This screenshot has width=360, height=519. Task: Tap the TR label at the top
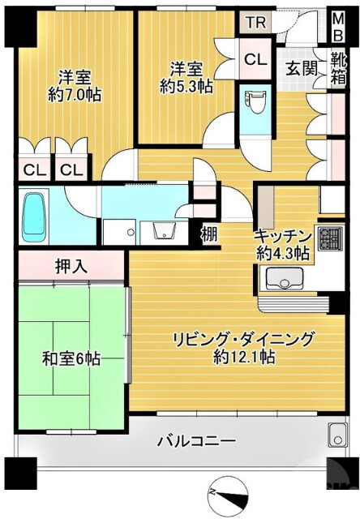[255, 22]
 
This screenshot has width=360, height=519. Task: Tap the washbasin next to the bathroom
[165, 230]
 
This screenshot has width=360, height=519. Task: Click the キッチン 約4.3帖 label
[282, 243]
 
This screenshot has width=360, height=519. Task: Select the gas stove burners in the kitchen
[330, 238]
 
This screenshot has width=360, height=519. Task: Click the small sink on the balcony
[336, 435]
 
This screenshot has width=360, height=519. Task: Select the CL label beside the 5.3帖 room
[254, 58]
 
